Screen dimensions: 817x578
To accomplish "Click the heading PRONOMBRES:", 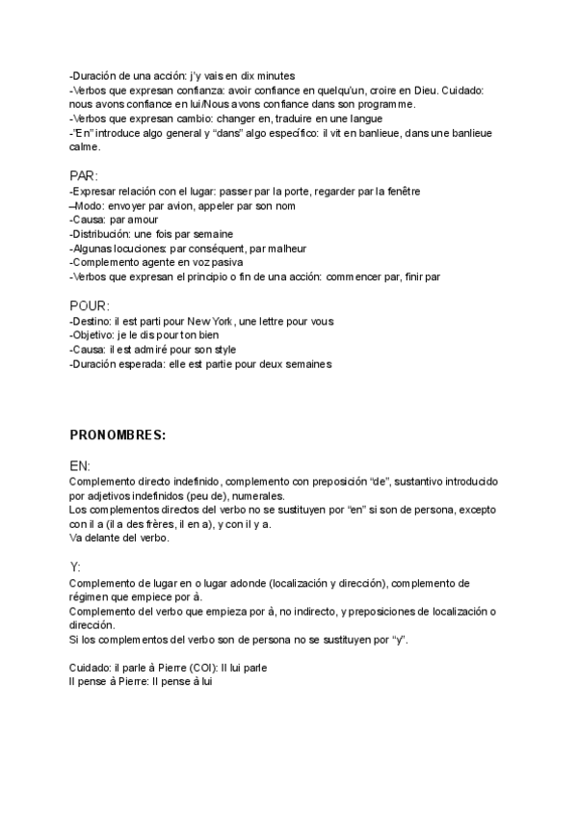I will coord(118,435).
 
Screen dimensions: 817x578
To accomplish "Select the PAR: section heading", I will coord(84,175).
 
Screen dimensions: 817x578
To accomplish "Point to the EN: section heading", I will coord(81,464).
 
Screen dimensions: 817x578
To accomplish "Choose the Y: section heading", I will coord(75,567).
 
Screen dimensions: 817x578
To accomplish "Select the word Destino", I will coord(92,321).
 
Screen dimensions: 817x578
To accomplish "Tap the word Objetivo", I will coord(94,335).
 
